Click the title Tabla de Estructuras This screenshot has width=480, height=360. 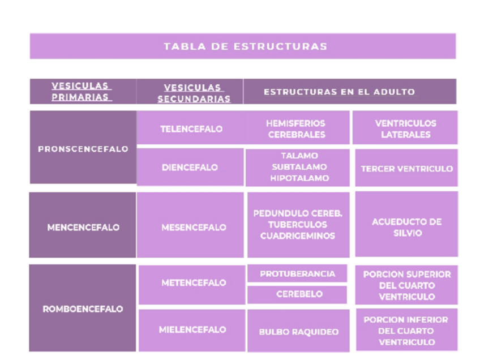tap(245, 46)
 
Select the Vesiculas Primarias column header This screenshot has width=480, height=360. tap(82, 92)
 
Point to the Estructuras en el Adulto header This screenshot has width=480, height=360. tap(340, 92)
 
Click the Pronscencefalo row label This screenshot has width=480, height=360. tap(83, 149)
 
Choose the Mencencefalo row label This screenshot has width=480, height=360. tap(83, 228)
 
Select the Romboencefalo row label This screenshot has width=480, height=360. tap(83, 309)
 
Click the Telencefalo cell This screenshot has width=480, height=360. tap(191, 129)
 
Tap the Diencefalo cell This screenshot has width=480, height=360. tap(190, 168)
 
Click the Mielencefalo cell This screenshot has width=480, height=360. tap(192, 329)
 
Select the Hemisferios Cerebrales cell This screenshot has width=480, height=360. tap(297, 129)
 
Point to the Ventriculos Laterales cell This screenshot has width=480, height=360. tap(405, 129)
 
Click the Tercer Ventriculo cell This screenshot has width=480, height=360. tap(406, 169)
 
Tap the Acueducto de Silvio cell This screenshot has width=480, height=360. tap(406, 228)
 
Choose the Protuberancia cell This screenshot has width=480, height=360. tap(297, 274)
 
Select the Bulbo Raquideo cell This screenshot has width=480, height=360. tap(298, 332)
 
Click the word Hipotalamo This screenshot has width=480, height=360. tap(299, 178)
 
